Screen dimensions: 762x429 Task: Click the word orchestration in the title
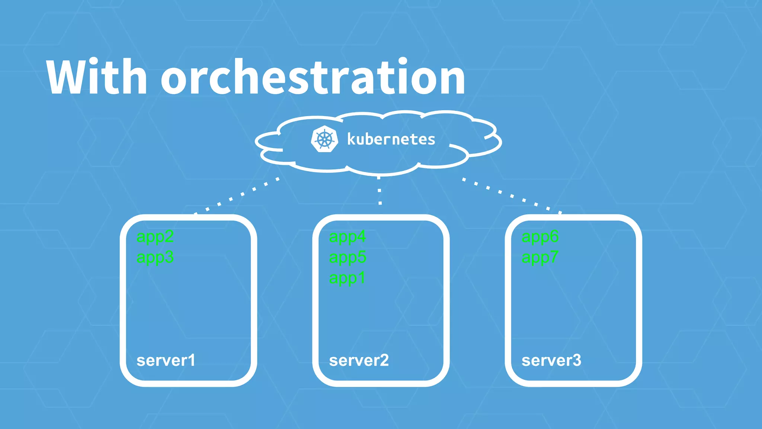pos(313,77)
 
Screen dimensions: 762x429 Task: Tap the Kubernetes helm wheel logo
pos(324,139)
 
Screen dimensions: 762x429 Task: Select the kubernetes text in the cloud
pos(391,139)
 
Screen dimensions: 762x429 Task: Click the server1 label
pos(166,360)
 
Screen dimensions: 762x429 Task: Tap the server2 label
pos(359,360)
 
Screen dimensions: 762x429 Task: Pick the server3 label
pos(551,360)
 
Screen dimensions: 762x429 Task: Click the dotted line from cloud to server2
pos(380,191)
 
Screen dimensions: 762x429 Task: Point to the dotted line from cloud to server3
pos(512,196)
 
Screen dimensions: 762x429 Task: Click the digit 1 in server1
pos(192,360)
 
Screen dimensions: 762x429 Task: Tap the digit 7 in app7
pos(554,257)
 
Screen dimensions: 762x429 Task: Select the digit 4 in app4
pos(361,236)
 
